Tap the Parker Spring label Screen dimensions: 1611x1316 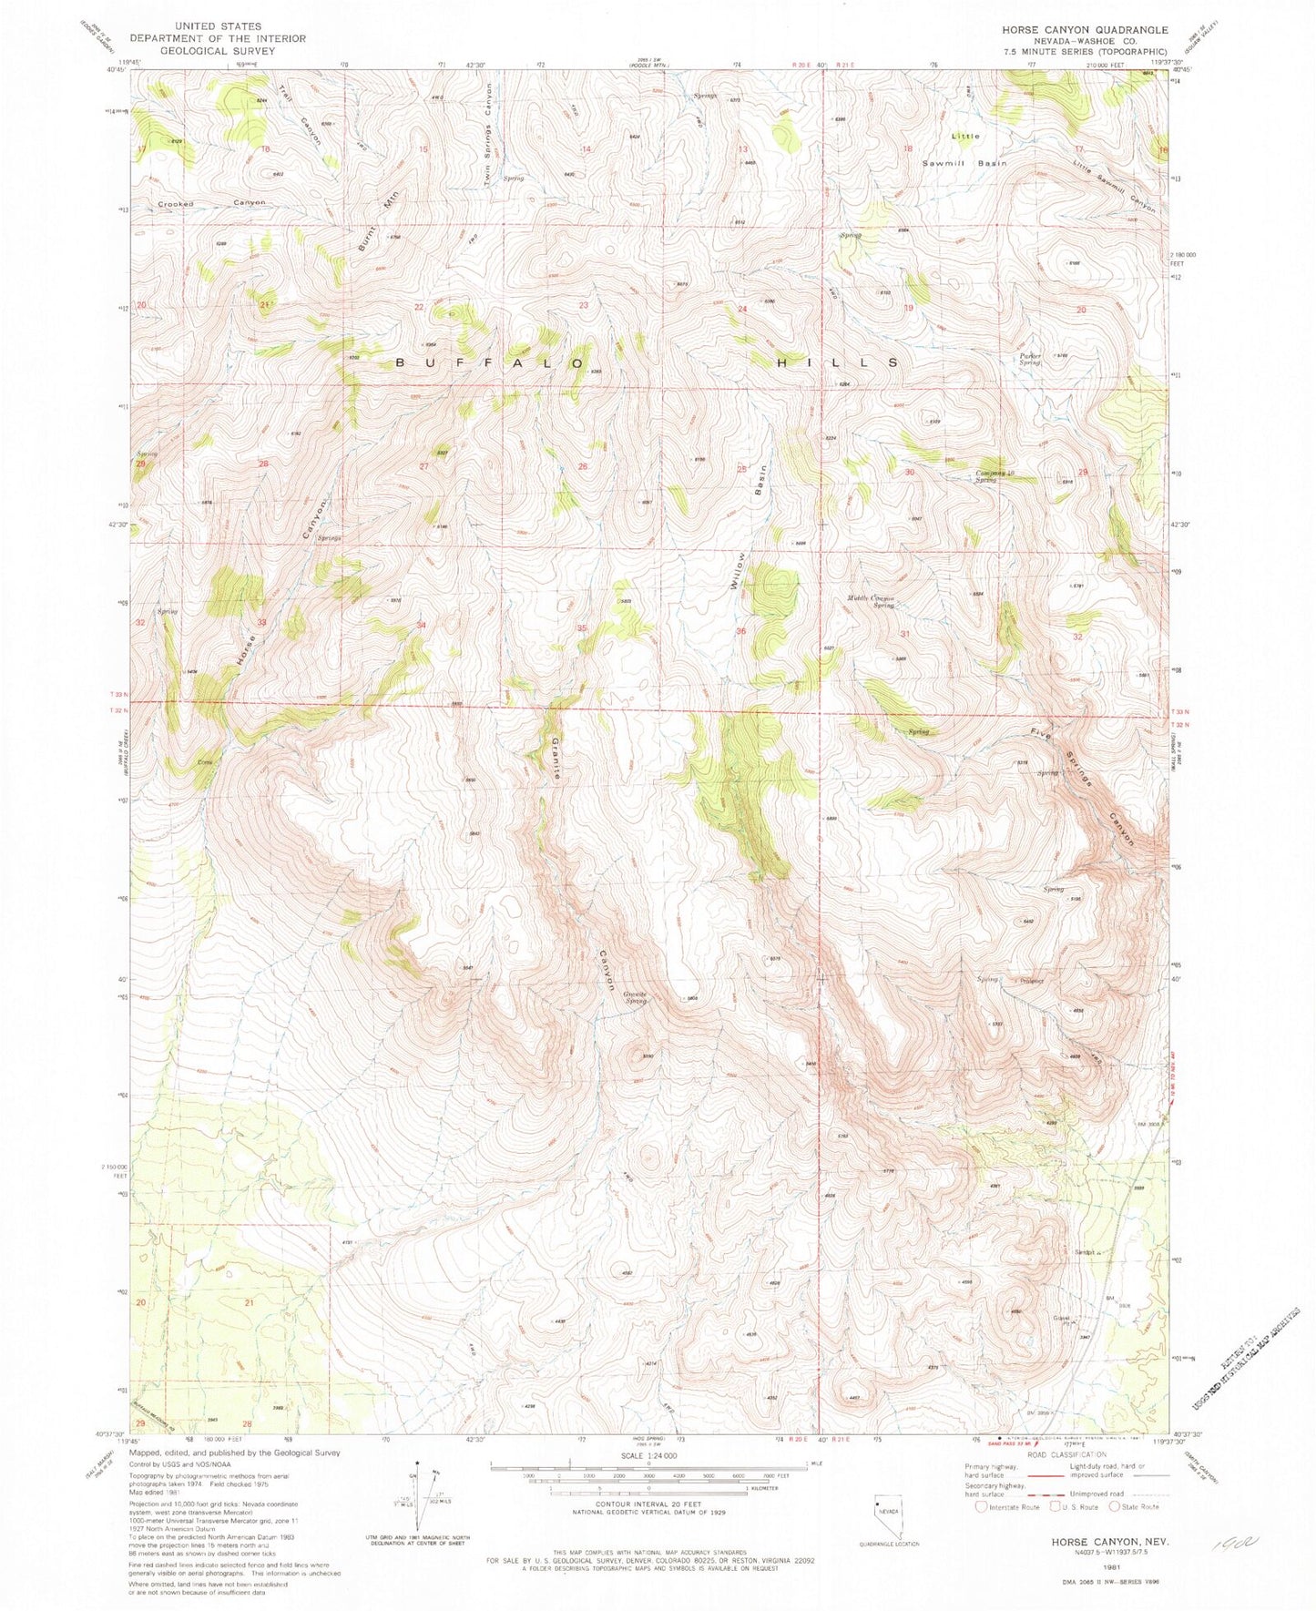pyautogui.click(x=1029, y=359)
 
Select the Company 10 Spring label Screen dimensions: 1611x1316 pyautogui.click(x=995, y=475)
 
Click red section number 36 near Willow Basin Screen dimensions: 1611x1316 pyautogui.click(x=741, y=631)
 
